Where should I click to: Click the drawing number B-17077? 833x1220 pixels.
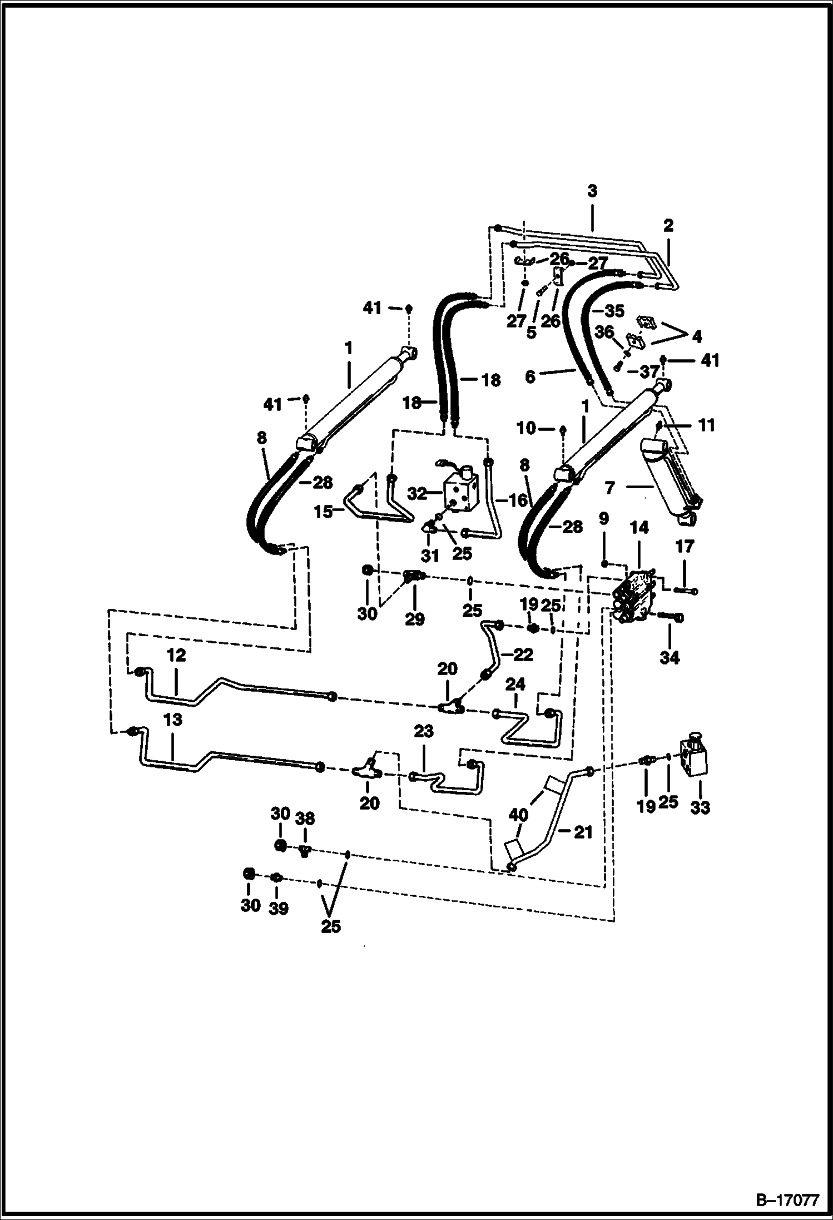click(788, 1201)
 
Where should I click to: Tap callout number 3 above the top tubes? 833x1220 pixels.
click(592, 191)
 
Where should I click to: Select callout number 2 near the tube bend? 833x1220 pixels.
click(668, 225)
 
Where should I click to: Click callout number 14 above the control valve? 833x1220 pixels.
click(639, 528)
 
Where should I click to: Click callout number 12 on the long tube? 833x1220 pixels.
click(176, 656)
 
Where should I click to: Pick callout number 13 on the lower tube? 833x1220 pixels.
click(173, 720)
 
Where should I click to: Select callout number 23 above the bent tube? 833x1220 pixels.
click(424, 731)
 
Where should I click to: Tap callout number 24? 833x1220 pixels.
click(515, 684)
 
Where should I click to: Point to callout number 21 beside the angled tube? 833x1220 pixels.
click(582, 832)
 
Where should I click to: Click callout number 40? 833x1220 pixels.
click(518, 815)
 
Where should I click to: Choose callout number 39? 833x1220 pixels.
click(279, 908)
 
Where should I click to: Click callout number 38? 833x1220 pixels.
click(305, 818)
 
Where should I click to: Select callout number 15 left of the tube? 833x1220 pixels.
click(323, 512)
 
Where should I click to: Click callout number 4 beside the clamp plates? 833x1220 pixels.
click(697, 336)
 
